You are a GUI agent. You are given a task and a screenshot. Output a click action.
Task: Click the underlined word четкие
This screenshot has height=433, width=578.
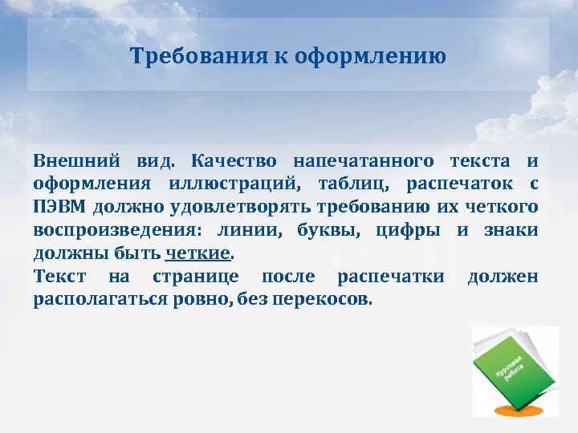coord(197,254)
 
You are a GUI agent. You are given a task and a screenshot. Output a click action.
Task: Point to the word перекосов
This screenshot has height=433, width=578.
coord(327,301)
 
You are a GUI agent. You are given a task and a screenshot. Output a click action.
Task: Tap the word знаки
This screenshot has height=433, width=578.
coord(510,231)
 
